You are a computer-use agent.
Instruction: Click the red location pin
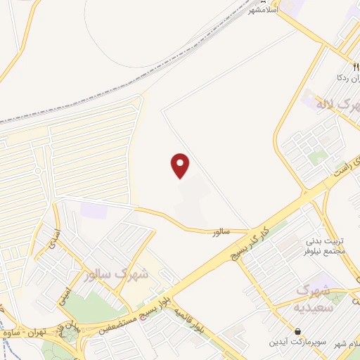(181, 165)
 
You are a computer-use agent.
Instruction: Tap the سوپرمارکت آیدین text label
(298, 342)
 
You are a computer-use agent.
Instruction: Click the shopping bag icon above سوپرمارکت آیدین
(298, 331)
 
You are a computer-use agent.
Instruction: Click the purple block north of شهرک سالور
(90, 210)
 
